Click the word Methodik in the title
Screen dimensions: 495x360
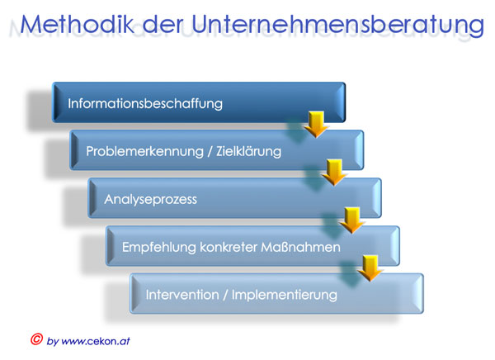pos(78,24)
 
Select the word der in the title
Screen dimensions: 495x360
pos(163,24)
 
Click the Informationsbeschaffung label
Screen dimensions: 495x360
pos(145,104)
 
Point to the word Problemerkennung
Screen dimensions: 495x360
pos(144,151)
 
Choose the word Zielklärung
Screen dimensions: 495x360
pos(249,151)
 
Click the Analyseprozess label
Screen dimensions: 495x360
pos(151,200)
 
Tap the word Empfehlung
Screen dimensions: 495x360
pos(158,247)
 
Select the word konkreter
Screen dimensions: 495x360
pos(229,247)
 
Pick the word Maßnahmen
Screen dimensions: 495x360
pos(301,247)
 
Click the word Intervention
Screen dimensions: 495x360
pos(182,295)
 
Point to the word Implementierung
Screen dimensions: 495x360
pos(285,296)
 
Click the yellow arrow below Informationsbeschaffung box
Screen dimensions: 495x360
pos(316,124)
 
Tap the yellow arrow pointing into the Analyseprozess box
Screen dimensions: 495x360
pos(334,173)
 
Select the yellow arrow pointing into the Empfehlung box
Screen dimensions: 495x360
pos(352,220)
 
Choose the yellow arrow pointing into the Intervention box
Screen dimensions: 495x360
pos(370,268)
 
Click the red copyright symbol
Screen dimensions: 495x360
pos(36,339)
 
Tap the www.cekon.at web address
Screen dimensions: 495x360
pos(96,341)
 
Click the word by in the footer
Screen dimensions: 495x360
pos(53,341)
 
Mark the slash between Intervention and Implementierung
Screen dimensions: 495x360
pos(225,296)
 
